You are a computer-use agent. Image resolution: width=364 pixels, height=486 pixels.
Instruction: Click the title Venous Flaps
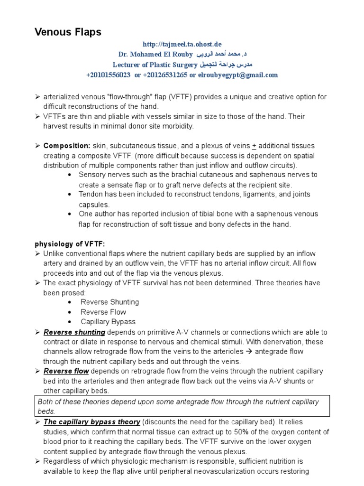[68, 32]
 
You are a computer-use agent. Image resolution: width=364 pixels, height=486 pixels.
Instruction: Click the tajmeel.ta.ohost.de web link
[182, 44]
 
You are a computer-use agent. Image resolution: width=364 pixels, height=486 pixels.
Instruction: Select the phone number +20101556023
[109, 75]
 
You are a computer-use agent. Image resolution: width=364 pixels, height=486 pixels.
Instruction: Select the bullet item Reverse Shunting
[109, 302]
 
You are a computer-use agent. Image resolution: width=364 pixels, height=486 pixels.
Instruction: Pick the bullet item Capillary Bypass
[109, 322]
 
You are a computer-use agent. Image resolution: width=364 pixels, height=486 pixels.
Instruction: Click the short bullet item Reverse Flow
[103, 312]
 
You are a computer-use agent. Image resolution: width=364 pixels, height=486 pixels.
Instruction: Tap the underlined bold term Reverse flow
[66, 371]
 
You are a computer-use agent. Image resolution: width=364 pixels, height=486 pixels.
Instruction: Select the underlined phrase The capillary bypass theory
[92, 421]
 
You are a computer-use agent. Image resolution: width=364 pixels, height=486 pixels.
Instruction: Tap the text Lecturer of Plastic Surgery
[153, 65]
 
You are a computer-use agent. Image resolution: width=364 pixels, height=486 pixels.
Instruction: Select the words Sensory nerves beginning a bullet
[102, 175]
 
